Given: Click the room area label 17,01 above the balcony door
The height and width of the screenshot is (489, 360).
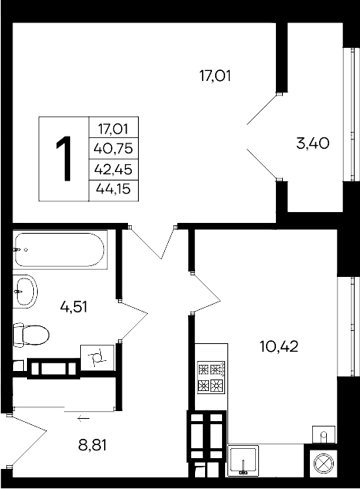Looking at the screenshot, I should coord(215,76).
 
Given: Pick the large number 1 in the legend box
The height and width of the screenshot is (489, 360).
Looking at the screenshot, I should coord(64,158).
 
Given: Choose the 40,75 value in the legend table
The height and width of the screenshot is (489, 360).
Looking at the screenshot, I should coord(113,148).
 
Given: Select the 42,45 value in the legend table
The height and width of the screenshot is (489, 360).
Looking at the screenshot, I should coord(113,168).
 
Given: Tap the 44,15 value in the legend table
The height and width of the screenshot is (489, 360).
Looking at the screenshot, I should coord(113,188).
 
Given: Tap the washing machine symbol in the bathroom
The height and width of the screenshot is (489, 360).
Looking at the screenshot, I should coord(98,357).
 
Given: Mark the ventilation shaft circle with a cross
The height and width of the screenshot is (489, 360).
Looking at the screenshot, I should coord(321,464).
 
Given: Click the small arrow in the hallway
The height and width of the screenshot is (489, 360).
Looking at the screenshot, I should coord(83,418).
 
